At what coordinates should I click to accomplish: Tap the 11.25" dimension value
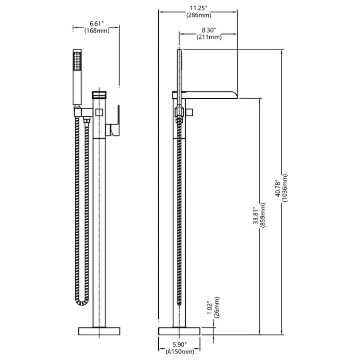coord(198,7)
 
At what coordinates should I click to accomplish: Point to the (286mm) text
coord(198,15)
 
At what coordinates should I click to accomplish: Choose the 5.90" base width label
coord(180,344)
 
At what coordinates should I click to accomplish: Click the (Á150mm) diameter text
coord(180,352)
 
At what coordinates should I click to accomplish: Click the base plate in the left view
coord(99,330)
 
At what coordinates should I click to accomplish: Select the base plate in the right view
coord(180,330)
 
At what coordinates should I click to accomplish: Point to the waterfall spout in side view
coord(210,94)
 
